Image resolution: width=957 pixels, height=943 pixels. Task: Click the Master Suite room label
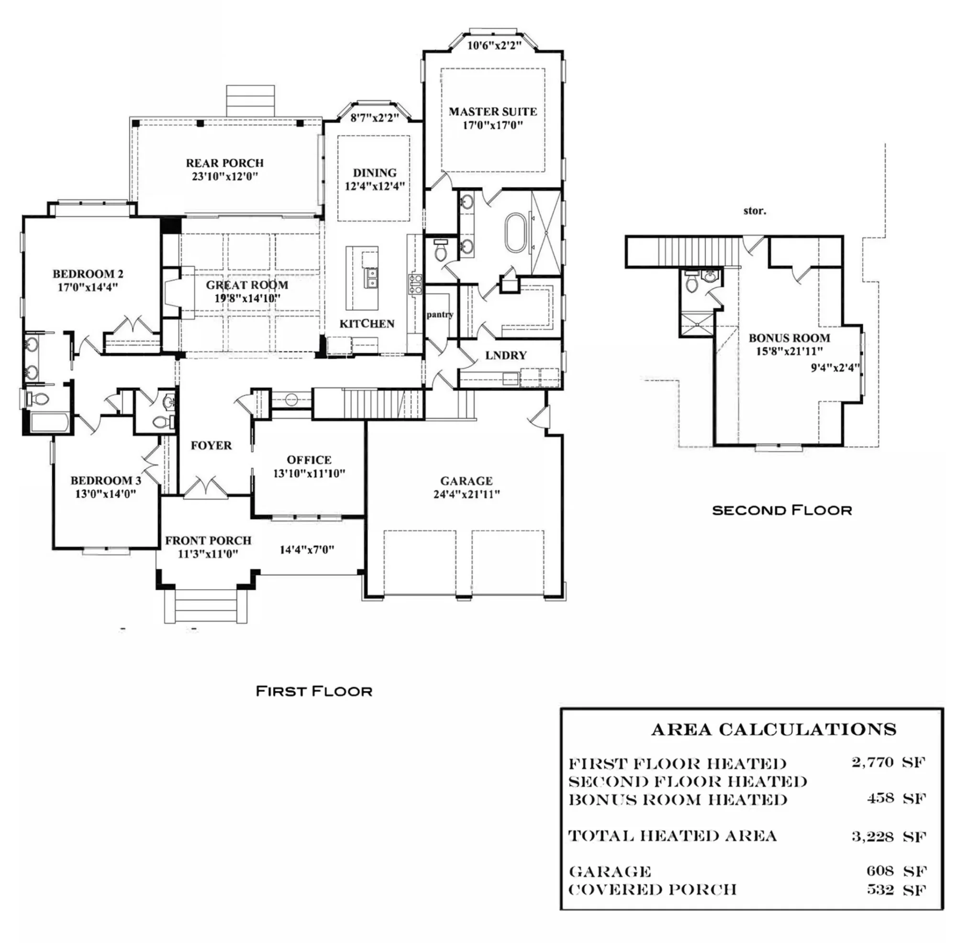coord(492,112)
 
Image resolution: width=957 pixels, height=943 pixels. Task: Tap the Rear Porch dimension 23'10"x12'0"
coord(225,176)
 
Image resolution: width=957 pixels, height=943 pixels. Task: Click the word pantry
coord(440,314)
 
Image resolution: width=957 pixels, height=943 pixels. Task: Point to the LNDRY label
coord(505,355)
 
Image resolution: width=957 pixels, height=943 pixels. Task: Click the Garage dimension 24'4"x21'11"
coord(467,494)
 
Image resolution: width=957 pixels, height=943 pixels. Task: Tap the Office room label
coord(309,460)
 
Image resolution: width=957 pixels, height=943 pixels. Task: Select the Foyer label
coord(211,445)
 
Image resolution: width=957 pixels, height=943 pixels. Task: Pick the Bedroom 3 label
coord(105,481)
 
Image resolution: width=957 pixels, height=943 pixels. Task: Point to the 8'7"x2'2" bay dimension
coord(374,118)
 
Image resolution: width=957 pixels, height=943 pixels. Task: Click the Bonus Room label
coord(789,338)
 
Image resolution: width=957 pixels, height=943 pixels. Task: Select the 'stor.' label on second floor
coord(754,211)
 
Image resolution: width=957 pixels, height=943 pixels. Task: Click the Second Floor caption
coord(782,510)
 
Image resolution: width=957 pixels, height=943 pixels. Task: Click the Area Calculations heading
coord(773,730)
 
